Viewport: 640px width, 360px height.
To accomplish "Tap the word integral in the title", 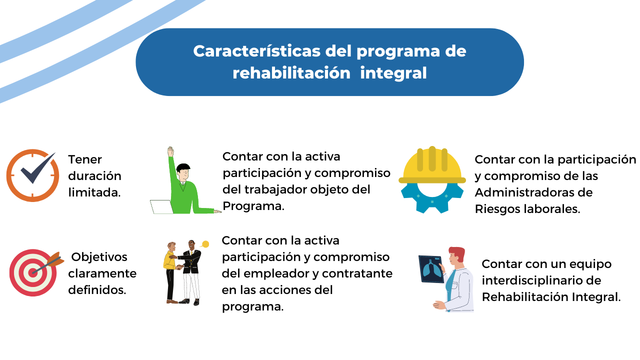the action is click(393, 73).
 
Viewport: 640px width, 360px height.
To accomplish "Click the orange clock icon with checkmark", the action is click(32, 175).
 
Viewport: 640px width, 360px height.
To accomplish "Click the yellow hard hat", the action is click(432, 165).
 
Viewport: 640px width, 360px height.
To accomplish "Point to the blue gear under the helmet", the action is click(432, 197).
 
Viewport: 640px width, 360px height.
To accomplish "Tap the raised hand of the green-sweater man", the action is click(170, 151).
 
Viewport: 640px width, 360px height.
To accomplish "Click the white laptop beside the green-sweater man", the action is click(161, 207).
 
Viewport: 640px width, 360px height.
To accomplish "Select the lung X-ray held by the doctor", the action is click(431, 269).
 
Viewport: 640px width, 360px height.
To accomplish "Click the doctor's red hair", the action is click(457, 253).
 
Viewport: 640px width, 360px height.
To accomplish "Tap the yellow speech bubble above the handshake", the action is click(205, 244).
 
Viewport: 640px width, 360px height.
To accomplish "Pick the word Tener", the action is click(85, 159).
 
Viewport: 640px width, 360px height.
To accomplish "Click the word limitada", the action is click(94, 192).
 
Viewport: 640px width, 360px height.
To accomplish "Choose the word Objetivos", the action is click(99, 257).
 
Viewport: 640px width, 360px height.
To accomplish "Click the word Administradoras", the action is click(533, 192).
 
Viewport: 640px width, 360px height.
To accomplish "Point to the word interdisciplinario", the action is click(533, 280).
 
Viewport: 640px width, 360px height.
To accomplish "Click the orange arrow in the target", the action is click(48, 263).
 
